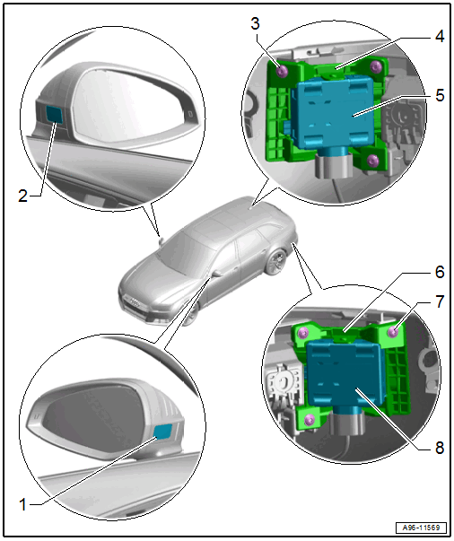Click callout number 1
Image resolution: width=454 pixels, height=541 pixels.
click(x=22, y=504)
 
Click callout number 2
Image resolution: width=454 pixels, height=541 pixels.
click(x=22, y=196)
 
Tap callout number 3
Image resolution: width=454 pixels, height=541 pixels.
click(x=255, y=23)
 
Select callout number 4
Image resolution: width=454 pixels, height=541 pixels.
click(x=439, y=36)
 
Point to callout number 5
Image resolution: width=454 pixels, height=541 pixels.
click(x=440, y=95)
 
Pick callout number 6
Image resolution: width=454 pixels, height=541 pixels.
click(x=440, y=272)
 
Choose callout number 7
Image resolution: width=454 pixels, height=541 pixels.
click(x=440, y=301)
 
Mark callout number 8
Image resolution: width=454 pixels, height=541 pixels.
click(x=440, y=449)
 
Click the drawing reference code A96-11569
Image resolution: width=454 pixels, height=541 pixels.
click(x=421, y=528)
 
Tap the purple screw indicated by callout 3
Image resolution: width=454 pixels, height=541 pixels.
click(x=283, y=71)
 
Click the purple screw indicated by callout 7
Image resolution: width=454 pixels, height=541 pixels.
click(x=393, y=332)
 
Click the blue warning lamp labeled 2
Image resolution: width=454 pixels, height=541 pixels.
click(x=55, y=115)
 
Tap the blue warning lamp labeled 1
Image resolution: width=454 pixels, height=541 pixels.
click(x=162, y=432)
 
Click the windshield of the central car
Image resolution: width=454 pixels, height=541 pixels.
click(x=179, y=253)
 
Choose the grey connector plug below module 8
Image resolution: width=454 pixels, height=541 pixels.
click(x=346, y=423)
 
